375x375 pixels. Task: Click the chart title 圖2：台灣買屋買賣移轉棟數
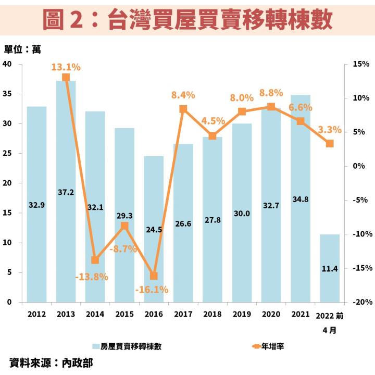coord(187,19)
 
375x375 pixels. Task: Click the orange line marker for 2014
coord(95,260)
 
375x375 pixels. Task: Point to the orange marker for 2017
coord(183,109)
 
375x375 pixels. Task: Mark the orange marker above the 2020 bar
coord(271,107)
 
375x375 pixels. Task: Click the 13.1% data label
coord(66,67)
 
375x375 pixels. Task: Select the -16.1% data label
coord(151,290)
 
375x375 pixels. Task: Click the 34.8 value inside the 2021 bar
coord(300,213)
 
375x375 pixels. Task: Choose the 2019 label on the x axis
coord(242,315)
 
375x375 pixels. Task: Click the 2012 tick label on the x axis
coord(36,315)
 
